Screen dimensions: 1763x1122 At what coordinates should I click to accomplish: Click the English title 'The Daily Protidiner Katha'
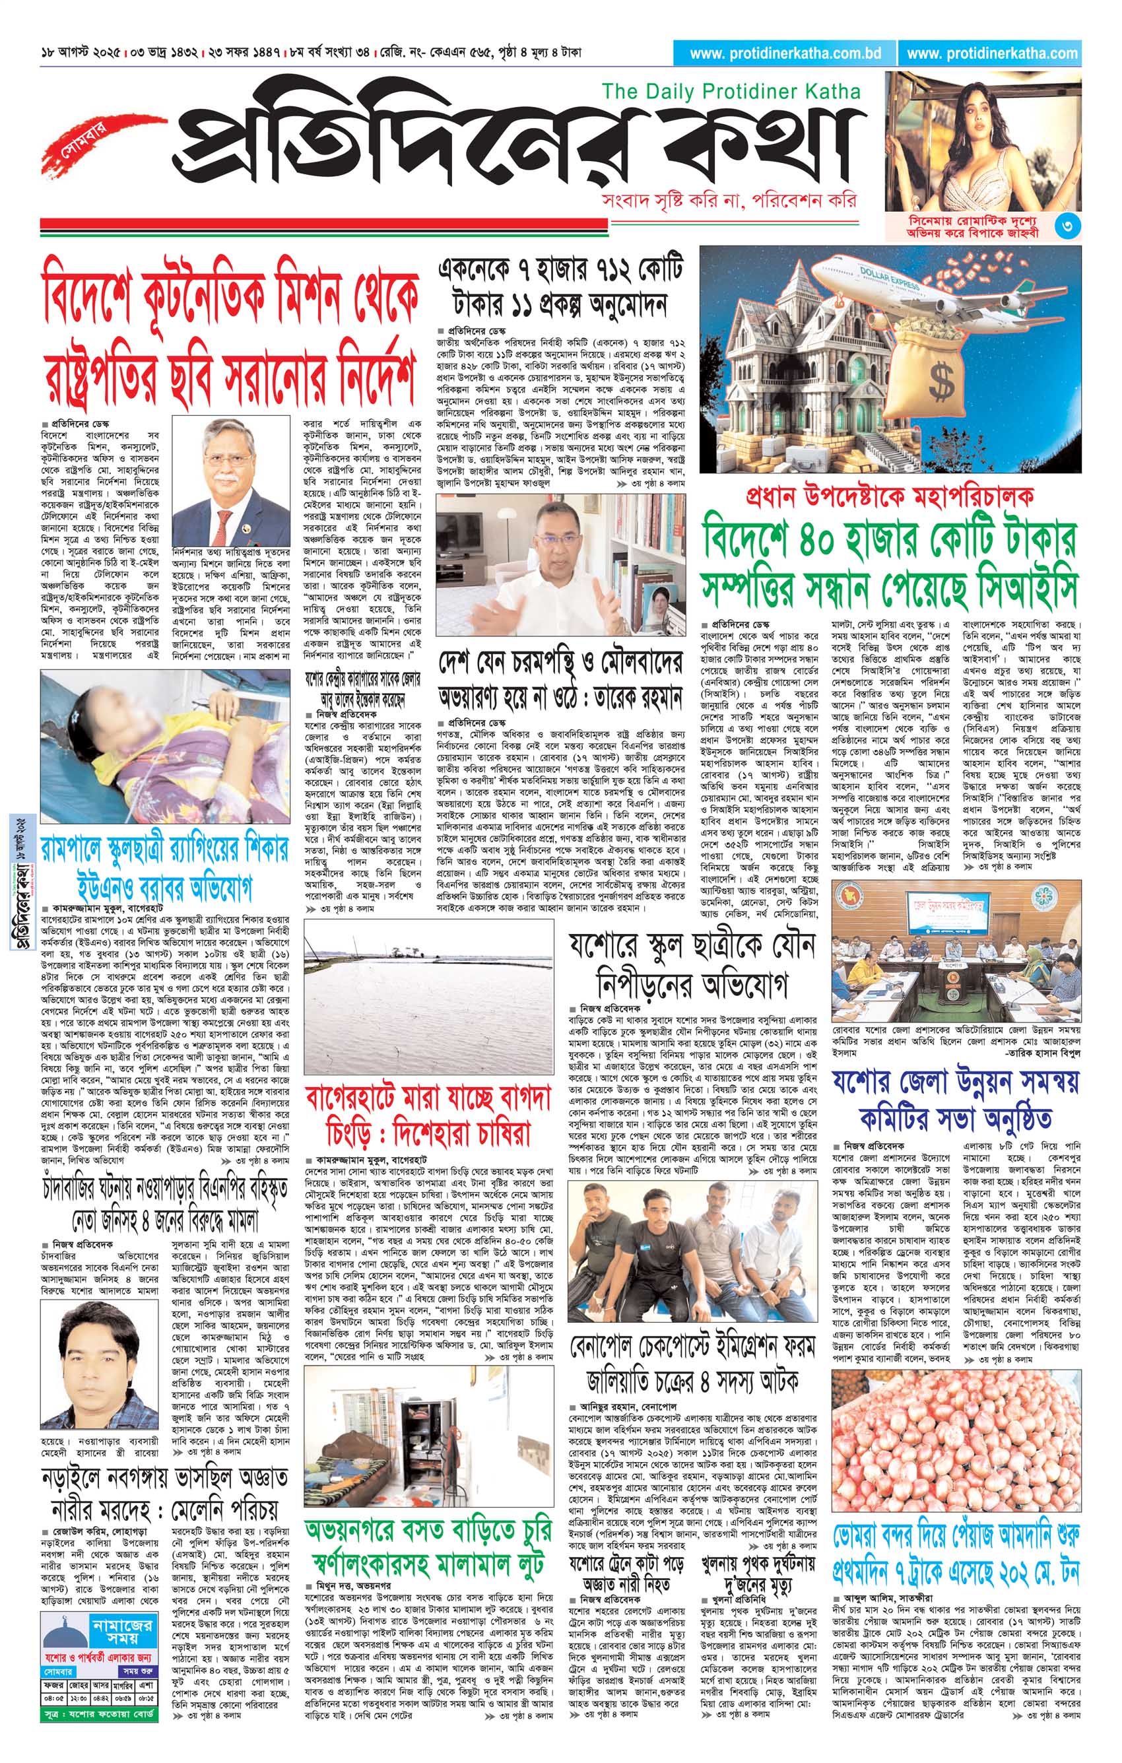pyautogui.click(x=731, y=91)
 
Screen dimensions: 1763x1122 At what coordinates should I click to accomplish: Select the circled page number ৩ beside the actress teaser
pyautogui.click(x=1068, y=228)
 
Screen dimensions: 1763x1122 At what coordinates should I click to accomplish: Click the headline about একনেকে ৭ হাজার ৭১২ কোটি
pyautogui.click(x=560, y=286)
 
